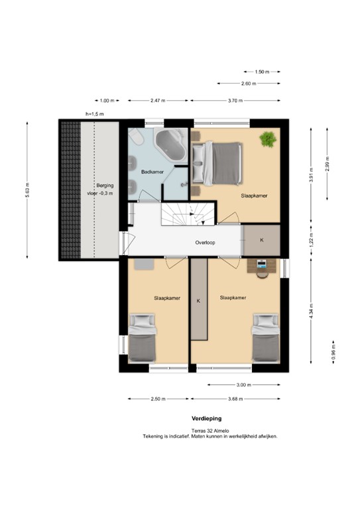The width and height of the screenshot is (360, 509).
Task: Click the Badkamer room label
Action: (x=152, y=172)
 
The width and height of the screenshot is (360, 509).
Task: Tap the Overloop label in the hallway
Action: (x=205, y=243)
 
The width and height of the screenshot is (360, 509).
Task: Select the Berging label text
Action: (x=105, y=186)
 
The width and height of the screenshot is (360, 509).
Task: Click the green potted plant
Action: (x=268, y=139)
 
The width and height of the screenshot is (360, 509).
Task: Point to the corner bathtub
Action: (x=171, y=144)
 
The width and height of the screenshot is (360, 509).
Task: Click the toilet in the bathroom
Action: (x=135, y=138)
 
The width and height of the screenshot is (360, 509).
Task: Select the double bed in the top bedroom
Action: (x=217, y=163)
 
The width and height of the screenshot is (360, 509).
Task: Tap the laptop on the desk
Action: (x=262, y=263)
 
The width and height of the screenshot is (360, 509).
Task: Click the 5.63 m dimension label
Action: (x=28, y=190)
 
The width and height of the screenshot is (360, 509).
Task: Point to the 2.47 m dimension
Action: (x=158, y=101)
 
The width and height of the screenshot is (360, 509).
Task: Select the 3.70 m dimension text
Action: (x=235, y=101)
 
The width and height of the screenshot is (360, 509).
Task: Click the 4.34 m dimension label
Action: (x=312, y=311)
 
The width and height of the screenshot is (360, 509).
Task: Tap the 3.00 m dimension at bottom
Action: (x=243, y=385)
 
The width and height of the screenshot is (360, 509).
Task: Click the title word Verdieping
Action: (x=206, y=418)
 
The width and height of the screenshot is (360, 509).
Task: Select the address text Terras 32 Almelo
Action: (x=210, y=431)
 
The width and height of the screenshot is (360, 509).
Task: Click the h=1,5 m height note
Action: (x=94, y=114)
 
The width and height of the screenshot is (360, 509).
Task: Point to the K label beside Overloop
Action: (x=262, y=240)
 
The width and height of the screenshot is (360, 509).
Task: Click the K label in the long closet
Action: (x=198, y=301)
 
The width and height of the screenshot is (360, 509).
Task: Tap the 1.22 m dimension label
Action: (x=312, y=240)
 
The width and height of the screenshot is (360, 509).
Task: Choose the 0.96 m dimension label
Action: (x=333, y=352)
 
